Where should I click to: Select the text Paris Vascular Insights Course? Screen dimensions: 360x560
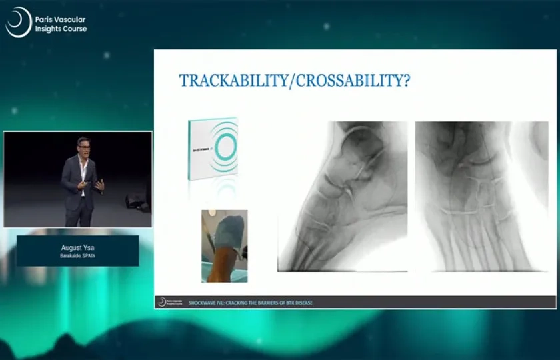[x=60, y=25]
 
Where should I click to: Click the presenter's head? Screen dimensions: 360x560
[x=83, y=145]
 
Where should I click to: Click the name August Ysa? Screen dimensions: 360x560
[x=77, y=247]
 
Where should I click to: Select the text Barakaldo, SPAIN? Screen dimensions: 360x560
[x=77, y=255]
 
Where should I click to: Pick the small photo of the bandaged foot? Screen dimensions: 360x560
[x=225, y=245]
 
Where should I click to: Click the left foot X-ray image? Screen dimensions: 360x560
[x=342, y=196]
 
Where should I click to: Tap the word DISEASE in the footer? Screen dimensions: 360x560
[x=303, y=303]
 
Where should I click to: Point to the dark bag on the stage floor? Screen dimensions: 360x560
[x=137, y=199]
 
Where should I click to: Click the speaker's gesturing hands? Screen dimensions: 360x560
[x=98, y=184]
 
